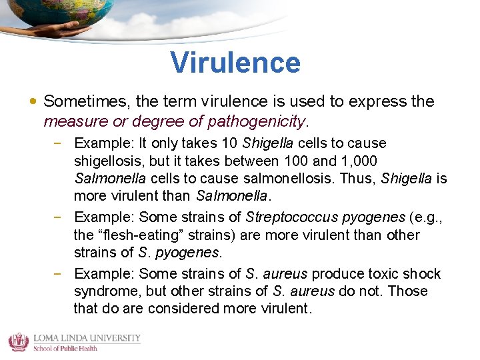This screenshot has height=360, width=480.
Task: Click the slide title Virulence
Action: [235, 63]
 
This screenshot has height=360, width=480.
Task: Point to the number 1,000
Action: [359, 161]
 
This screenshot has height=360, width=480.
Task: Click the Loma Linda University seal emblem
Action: [18, 342]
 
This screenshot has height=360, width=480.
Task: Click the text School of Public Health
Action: [65, 347]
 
